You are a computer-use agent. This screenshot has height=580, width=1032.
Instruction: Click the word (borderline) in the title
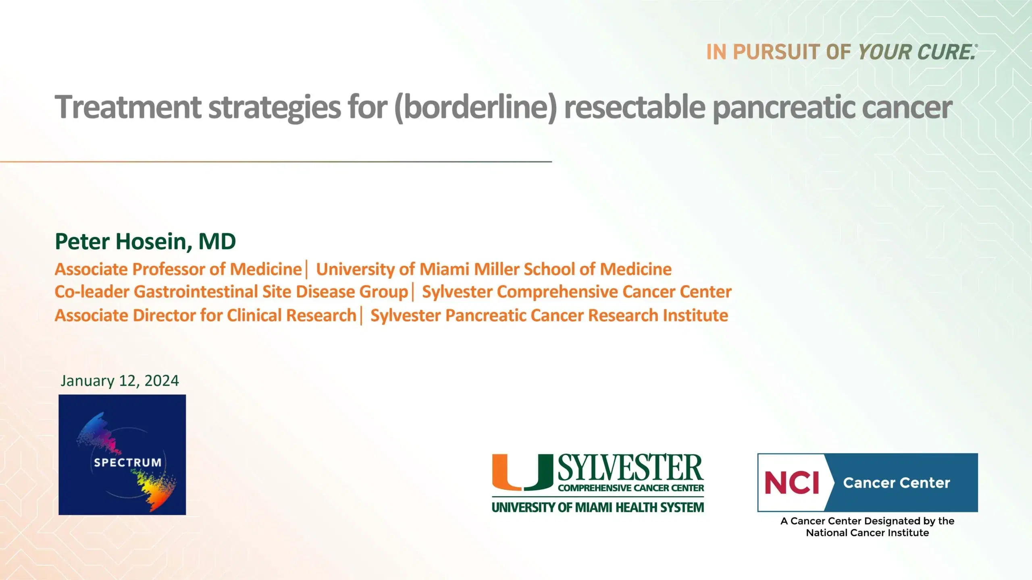tap(476, 108)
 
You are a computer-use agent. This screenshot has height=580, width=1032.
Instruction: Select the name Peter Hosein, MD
tap(145, 241)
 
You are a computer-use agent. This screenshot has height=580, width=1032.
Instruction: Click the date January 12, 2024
tap(120, 381)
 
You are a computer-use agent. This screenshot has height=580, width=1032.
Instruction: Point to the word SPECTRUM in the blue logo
tap(127, 462)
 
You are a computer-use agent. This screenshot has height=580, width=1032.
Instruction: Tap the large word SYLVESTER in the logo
tap(630, 468)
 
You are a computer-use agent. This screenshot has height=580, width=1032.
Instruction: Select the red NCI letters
tap(792, 483)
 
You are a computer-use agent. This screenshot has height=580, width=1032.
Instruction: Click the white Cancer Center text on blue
tap(897, 483)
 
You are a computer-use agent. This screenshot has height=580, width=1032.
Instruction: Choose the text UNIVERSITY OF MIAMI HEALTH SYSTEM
tap(598, 507)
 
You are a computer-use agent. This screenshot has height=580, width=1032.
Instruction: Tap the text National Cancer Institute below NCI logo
tap(867, 533)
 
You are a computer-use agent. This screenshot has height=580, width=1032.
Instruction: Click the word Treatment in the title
tap(128, 108)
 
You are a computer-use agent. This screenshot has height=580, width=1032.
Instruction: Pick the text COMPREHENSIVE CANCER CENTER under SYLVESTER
tap(631, 488)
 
